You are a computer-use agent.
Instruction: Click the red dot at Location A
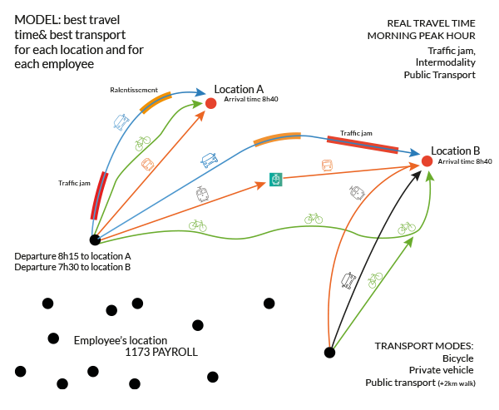[x=211, y=103]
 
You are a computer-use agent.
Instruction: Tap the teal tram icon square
[x=275, y=180]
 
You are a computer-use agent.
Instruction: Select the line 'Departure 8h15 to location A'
[x=73, y=257]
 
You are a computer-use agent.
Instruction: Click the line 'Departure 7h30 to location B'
[x=72, y=268]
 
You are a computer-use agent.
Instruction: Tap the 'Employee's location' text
[x=121, y=341]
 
